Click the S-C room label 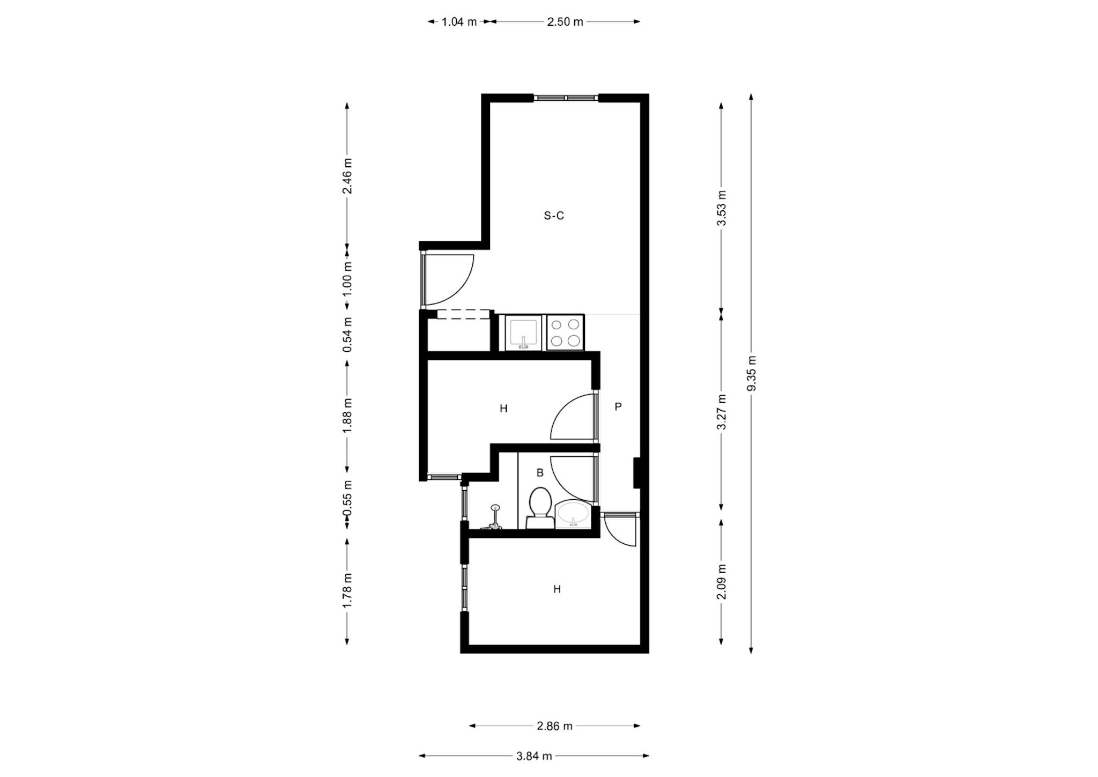[554, 216]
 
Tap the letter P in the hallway [618, 406]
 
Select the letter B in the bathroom [540, 472]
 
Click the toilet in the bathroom [539, 508]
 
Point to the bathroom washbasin [573, 515]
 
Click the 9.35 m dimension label [751, 373]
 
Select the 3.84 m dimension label [534, 756]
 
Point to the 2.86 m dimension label [554, 726]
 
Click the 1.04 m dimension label [459, 22]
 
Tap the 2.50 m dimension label [565, 22]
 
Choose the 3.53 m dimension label [722, 208]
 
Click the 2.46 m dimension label [347, 176]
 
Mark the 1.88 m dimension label [347, 416]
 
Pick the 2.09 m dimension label [722, 582]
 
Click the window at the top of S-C [566, 98]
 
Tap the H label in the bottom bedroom [557, 589]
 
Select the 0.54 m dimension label [347, 335]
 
